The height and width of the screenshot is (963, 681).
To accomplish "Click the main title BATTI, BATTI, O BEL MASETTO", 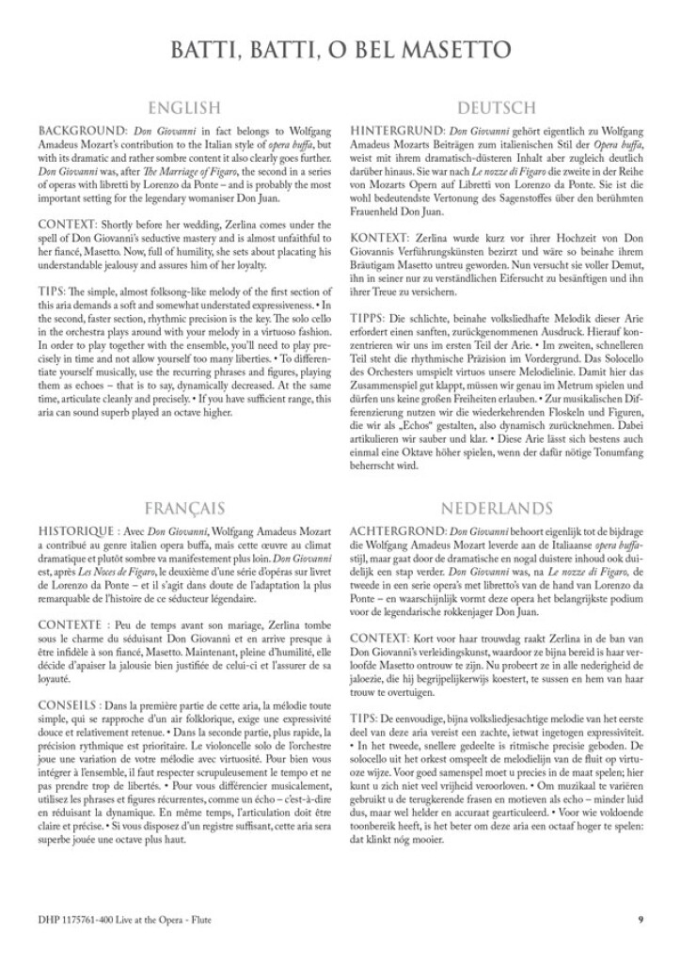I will click(x=340, y=48).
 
